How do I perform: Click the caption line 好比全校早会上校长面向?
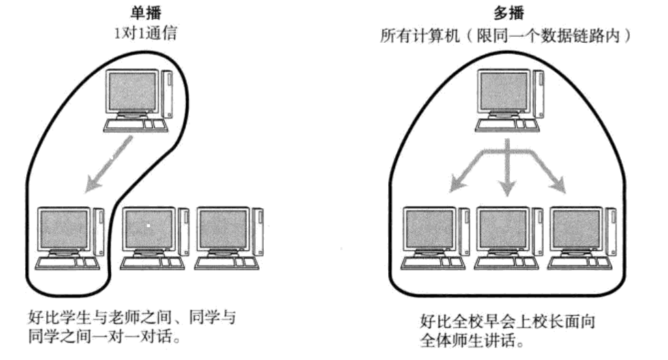(x=507, y=322)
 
